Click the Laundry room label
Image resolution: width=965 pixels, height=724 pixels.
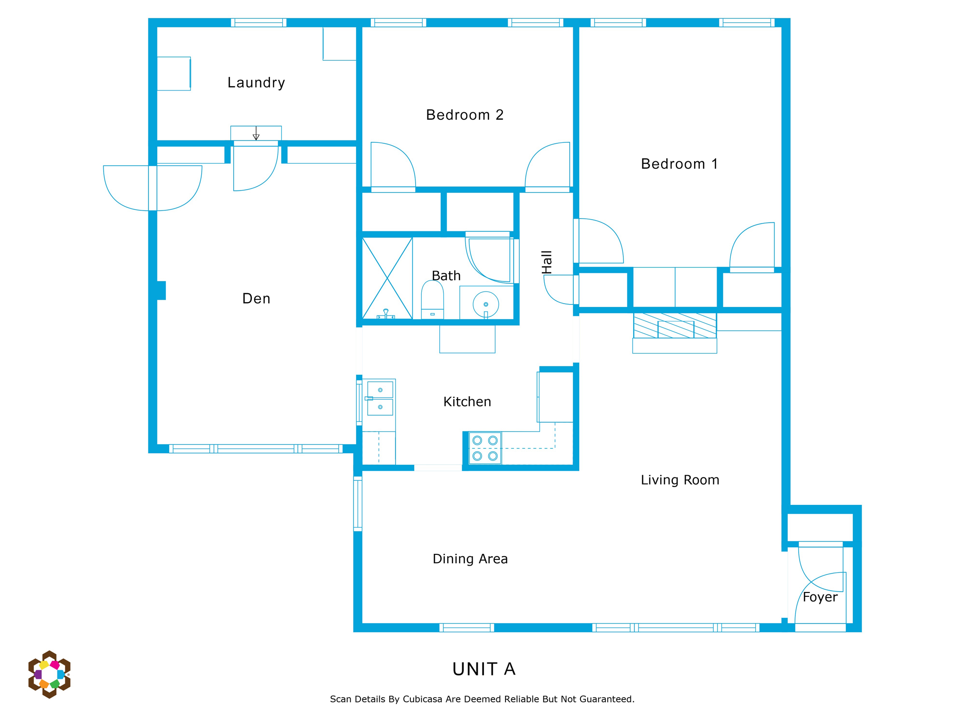pyautogui.click(x=256, y=82)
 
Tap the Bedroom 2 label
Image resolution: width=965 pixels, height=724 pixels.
pyautogui.click(x=465, y=115)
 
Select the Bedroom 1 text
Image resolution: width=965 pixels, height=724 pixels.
pyautogui.click(x=679, y=164)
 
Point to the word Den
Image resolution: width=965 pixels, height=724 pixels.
pyautogui.click(x=256, y=298)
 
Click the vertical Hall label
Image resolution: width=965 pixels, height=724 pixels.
pyautogui.click(x=547, y=262)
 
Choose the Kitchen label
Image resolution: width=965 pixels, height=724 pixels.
pyautogui.click(x=467, y=402)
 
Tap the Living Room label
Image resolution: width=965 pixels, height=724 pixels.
pyautogui.click(x=679, y=480)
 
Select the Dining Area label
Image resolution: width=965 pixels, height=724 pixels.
pyautogui.click(x=470, y=559)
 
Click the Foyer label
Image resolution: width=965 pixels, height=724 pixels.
pyautogui.click(x=820, y=597)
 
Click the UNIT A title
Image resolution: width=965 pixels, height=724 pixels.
pyautogui.click(x=484, y=669)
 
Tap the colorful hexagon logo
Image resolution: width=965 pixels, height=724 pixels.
pyautogui.click(x=49, y=674)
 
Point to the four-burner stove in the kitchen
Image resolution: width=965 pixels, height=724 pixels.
pyautogui.click(x=485, y=448)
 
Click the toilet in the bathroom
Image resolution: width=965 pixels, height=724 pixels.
pyautogui.click(x=432, y=300)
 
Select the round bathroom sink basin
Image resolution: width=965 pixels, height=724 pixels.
pyautogui.click(x=486, y=304)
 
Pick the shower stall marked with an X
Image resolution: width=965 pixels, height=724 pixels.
pyautogui.click(x=387, y=279)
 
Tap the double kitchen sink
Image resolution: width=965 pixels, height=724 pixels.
pyautogui.click(x=380, y=399)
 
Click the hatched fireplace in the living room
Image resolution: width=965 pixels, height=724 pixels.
pyautogui.click(x=675, y=325)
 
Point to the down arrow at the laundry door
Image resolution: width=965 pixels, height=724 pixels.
pyautogui.click(x=256, y=133)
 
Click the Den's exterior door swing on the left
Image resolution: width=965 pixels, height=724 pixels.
pyautogui.click(x=153, y=188)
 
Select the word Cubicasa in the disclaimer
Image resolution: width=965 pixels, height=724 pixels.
pyautogui.click(x=422, y=699)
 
